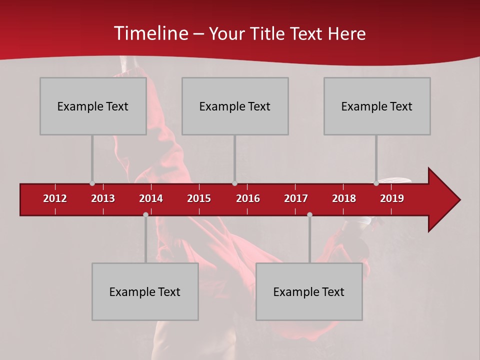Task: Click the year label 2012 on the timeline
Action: pyautogui.click(x=55, y=198)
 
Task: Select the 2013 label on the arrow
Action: pyautogui.click(x=103, y=198)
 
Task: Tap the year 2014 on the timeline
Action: pyautogui.click(x=151, y=198)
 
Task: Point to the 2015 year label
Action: pyautogui.click(x=199, y=198)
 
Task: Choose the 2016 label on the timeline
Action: pyautogui.click(x=248, y=198)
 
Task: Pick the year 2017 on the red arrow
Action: pyautogui.click(x=296, y=198)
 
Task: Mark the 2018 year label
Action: pyautogui.click(x=344, y=198)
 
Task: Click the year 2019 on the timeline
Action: pyautogui.click(x=392, y=198)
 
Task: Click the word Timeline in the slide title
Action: pyautogui.click(x=150, y=33)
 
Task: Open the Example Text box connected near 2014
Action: pyautogui.click(x=145, y=291)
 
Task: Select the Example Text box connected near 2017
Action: pyautogui.click(x=309, y=291)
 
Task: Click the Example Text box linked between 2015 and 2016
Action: pyautogui.click(x=235, y=106)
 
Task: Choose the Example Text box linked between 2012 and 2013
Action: pyautogui.click(x=93, y=106)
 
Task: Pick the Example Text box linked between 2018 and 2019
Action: pyautogui.click(x=377, y=106)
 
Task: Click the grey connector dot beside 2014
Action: pyautogui.click(x=145, y=214)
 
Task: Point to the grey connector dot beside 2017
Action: pyautogui.click(x=309, y=214)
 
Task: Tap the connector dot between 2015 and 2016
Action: pyautogui.click(x=234, y=183)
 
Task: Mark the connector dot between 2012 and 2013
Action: pyautogui.click(x=92, y=183)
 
